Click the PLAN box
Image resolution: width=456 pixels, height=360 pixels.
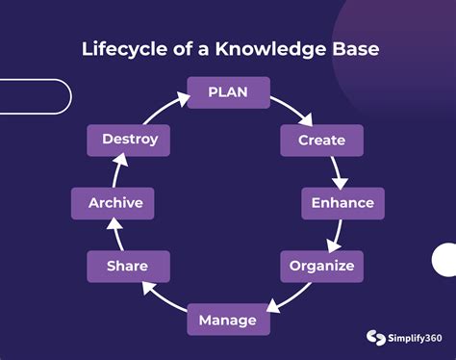pos(228,93)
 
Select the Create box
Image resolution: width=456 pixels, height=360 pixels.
pos(321,141)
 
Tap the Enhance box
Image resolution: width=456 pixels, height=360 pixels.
pos(342,204)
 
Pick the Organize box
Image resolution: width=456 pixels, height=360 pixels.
pos(321,266)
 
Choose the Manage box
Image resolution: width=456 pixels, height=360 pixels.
pos(227,320)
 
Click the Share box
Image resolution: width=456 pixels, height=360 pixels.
pos(128,266)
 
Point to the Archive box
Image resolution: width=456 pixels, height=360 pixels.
pos(115,203)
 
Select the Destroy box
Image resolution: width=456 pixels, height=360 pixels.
pos(130,140)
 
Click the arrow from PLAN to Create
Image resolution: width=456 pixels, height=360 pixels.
pos(293,111)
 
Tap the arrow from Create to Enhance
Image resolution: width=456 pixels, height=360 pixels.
pos(338,172)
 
